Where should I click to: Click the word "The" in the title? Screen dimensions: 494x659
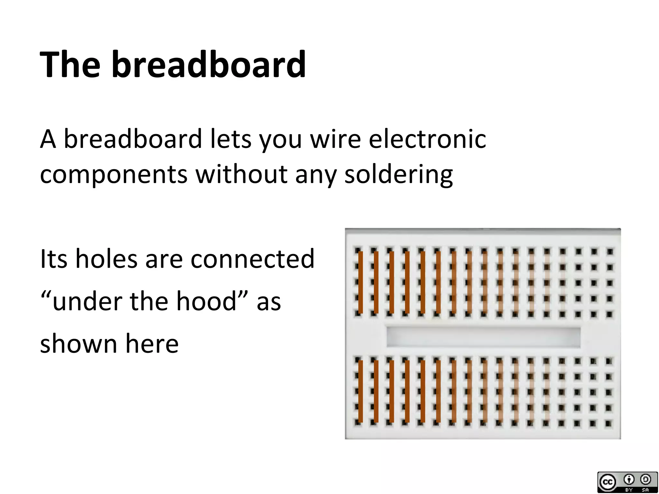coord(70,64)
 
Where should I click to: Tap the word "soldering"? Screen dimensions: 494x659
coord(398,175)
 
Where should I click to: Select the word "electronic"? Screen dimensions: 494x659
coord(427,139)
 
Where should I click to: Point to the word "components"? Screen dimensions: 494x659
coord(114,175)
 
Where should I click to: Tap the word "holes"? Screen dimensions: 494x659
coord(106,259)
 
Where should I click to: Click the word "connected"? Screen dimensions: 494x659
coord(252,259)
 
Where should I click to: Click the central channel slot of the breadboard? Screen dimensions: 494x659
coord(483,337)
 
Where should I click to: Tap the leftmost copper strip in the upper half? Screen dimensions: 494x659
coord(361,282)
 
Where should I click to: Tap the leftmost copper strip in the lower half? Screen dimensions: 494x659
coord(361,391)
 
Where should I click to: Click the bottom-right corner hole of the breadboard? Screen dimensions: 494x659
coord(608,424)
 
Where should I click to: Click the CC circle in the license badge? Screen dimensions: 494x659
coord(608,482)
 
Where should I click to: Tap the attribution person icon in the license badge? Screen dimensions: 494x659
coord(629,480)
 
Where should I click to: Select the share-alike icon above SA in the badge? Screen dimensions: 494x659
coord(645,480)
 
